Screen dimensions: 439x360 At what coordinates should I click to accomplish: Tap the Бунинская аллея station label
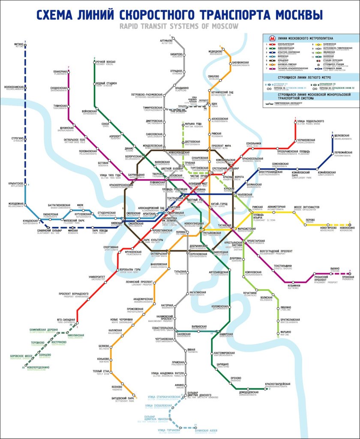[x=209, y=430]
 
